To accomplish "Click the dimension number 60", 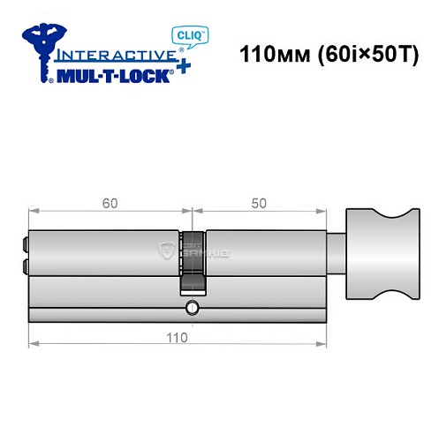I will [109, 201].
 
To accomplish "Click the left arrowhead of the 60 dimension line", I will [33, 211].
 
